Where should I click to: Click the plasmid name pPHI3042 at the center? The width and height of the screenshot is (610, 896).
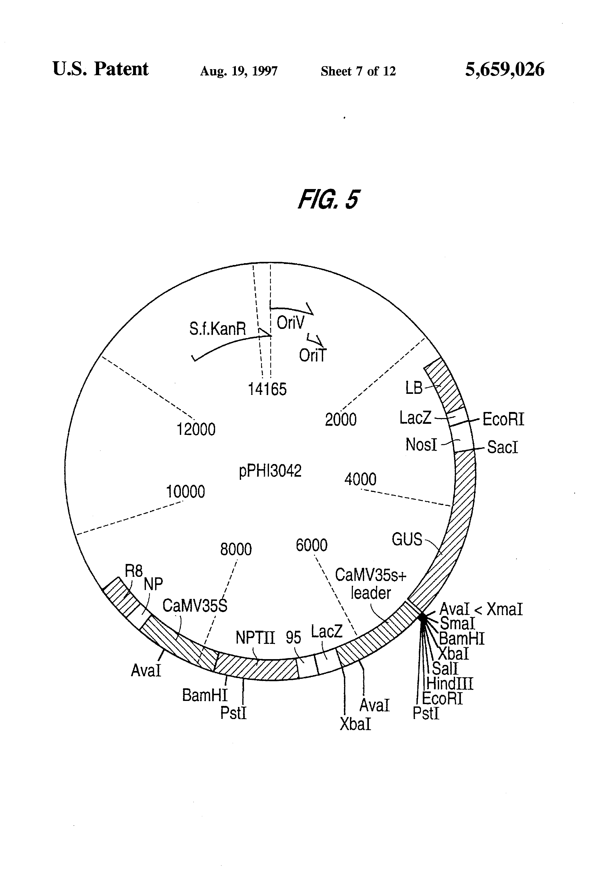pos(270,471)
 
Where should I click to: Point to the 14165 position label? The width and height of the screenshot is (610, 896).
pos(267,389)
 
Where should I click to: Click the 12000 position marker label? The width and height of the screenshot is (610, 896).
pos(196,429)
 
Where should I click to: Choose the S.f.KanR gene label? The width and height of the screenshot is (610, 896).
pos(217,329)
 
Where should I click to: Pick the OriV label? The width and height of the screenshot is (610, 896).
pos(290,323)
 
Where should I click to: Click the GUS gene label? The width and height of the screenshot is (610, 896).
pos(407,539)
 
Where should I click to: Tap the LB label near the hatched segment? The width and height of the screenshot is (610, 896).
pos(414,388)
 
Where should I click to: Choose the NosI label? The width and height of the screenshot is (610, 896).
pos(421,445)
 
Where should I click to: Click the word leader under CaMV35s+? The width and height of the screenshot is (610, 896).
pos(370,593)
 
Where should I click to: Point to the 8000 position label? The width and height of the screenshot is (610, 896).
pos(236,549)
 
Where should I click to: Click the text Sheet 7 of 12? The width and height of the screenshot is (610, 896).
pos(358,71)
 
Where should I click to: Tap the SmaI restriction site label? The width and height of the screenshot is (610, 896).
pos(457,623)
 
